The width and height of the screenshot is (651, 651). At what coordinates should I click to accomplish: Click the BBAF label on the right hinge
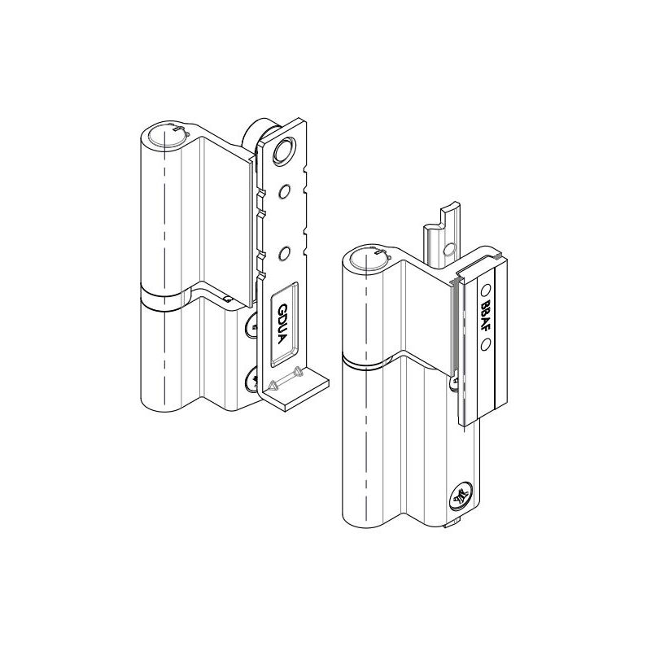click(x=486, y=313)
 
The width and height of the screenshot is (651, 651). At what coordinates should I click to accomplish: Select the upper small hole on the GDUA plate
click(x=285, y=192)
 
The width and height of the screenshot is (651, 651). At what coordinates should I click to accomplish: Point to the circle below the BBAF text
click(x=486, y=344)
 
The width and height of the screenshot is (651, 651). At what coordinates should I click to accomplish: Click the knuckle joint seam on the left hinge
click(x=163, y=298)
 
